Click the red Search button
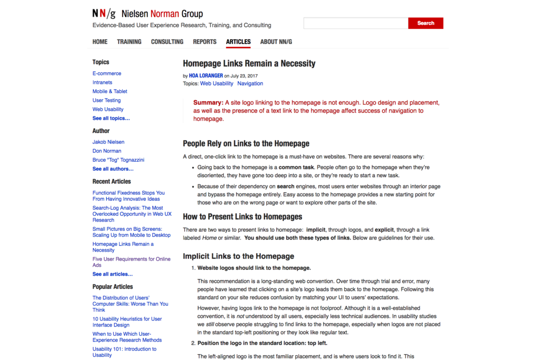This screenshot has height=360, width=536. pos(425,23)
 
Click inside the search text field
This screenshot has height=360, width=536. pos(356,23)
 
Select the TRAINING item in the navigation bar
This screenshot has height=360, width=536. pos(129,42)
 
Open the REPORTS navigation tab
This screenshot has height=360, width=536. pos(205,42)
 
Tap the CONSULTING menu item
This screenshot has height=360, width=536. pos(167,42)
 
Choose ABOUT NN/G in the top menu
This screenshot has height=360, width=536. pos(276,42)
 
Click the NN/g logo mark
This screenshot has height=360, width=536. pos(104,14)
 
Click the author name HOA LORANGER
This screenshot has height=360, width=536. pos(206,76)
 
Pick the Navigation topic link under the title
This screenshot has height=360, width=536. pos(250,83)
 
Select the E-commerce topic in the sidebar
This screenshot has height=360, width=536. pos(107,74)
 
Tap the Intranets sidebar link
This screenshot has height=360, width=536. pos(102,82)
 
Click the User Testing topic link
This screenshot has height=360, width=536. pos(106,100)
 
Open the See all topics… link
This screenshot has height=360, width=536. pos(111,118)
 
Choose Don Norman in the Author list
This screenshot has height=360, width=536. pos(107,151)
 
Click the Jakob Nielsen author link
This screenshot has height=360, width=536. pos(108,142)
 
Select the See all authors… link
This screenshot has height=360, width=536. pos(113,169)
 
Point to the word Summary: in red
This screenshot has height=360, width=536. pos(208,102)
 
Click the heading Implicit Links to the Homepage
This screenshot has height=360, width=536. pos(239,256)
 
